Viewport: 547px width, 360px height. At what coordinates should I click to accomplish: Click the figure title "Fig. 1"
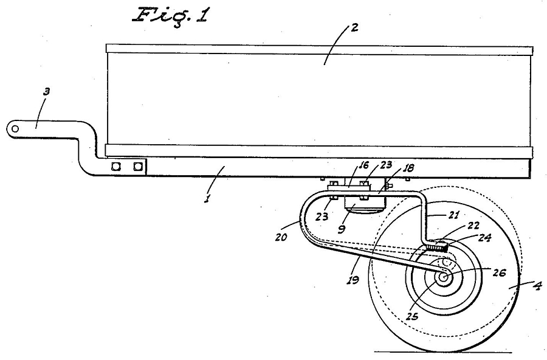[171, 15]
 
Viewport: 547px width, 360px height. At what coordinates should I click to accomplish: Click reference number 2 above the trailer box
[354, 27]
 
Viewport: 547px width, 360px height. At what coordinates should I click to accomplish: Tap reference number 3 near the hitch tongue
[46, 91]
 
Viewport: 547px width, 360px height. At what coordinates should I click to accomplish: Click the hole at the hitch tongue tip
[15, 129]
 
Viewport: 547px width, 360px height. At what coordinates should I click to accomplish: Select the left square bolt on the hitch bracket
[116, 166]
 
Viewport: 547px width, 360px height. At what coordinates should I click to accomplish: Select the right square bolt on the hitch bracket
[139, 166]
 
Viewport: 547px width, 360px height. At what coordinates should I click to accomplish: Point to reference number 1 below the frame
[207, 199]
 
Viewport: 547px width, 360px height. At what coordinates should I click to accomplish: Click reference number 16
[363, 165]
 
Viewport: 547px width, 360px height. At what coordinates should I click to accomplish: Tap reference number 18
[408, 168]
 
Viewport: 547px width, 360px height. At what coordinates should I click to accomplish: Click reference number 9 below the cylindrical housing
[342, 229]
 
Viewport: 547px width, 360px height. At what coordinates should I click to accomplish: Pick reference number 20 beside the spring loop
[281, 237]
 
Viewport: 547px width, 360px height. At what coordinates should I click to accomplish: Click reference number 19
[353, 280]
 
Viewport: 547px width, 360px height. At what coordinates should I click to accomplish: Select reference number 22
[473, 226]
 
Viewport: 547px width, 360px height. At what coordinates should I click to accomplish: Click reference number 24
[484, 238]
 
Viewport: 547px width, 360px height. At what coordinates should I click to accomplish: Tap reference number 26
[499, 272]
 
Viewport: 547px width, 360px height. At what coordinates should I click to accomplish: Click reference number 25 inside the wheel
[412, 316]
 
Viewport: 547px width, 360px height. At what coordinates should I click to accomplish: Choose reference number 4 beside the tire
[538, 286]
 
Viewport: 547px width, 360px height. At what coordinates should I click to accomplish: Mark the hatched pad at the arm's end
[436, 246]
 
